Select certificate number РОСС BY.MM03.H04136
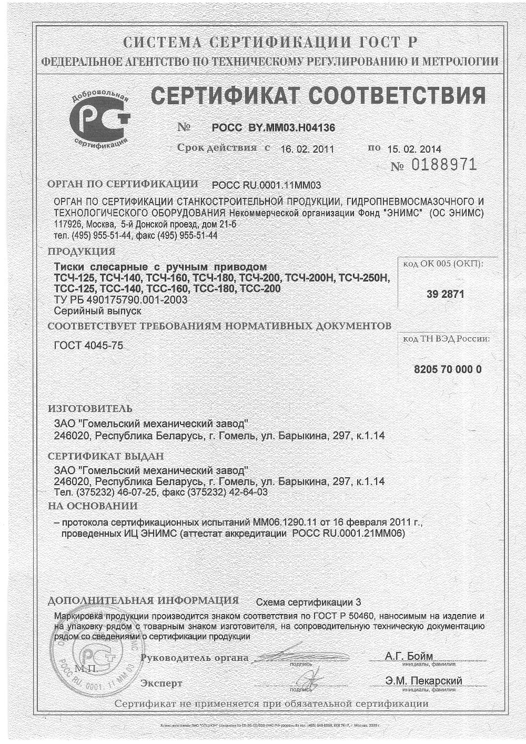point(273,127)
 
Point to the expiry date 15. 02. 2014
point(414,149)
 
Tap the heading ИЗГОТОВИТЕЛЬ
point(90,409)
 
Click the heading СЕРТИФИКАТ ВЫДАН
point(106,456)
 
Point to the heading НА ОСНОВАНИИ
point(93,506)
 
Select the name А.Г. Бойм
point(409,656)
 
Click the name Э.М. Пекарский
point(423,681)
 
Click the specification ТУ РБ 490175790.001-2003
point(121,300)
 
